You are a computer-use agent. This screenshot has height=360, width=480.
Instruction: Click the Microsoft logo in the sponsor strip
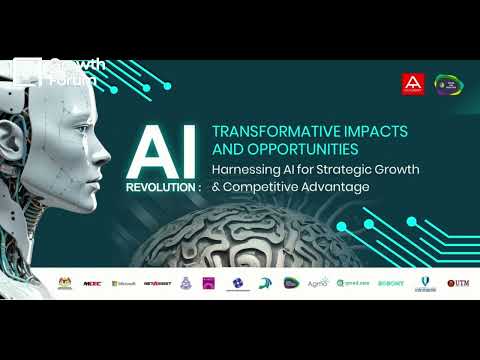(124, 283)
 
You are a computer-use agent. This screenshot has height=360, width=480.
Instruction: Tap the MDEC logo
(93, 283)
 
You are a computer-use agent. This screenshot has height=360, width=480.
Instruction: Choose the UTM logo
(458, 283)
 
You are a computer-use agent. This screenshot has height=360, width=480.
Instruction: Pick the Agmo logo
(318, 283)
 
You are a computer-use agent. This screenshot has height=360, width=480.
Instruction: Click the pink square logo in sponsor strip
(209, 283)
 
